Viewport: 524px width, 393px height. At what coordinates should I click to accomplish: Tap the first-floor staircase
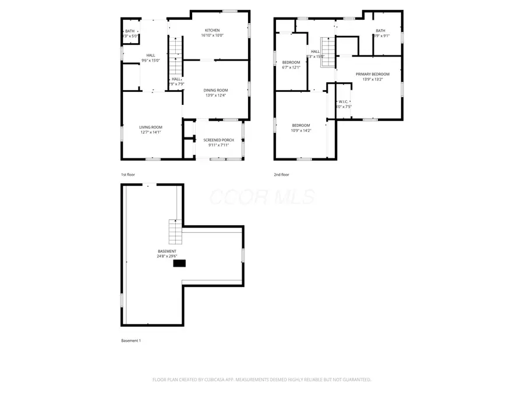[x=175, y=54]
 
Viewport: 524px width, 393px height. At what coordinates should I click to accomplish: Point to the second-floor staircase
[x=329, y=52]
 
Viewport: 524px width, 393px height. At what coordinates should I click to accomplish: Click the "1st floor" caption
[x=128, y=175]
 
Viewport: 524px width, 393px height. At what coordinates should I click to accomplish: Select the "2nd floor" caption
[x=281, y=175]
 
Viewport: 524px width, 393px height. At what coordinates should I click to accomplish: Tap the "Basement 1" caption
[x=131, y=341]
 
